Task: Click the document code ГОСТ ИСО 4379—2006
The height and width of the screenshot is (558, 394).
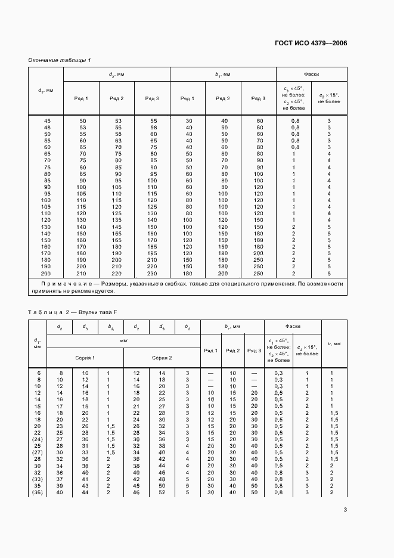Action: (x=311, y=43)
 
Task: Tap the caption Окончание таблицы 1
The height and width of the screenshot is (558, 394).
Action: (x=60, y=60)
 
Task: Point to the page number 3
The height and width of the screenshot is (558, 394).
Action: (x=345, y=509)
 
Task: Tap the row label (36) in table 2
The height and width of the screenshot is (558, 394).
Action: (x=38, y=492)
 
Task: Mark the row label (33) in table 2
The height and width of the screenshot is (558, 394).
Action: (x=38, y=479)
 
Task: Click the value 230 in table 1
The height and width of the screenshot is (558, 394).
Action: (x=152, y=273)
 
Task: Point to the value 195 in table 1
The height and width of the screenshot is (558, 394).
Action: (x=152, y=253)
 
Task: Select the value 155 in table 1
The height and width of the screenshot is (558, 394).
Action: (x=117, y=234)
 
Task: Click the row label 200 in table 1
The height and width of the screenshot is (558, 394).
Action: (x=46, y=273)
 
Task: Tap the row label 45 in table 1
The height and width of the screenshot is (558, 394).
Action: (x=46, y=121)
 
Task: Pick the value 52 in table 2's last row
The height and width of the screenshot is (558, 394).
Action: (x=162, y=492)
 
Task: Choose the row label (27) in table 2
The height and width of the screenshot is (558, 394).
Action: (x=38, y=452)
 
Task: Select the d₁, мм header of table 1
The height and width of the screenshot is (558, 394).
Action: (x=46, y=90)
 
